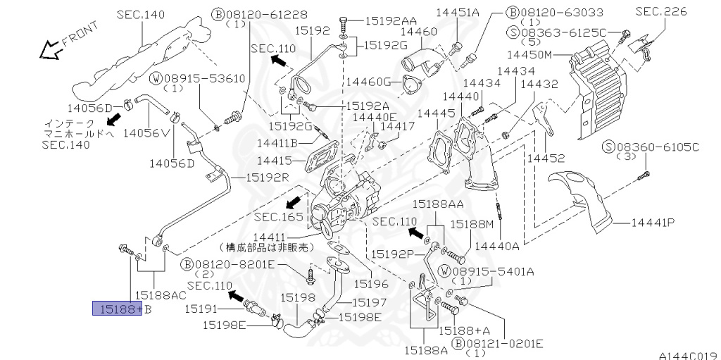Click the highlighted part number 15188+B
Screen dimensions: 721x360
118,309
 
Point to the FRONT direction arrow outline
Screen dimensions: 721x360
51,49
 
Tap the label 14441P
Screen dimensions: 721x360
653,223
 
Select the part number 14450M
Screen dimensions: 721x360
529,55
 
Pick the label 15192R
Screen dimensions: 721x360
268,177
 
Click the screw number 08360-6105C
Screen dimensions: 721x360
658,147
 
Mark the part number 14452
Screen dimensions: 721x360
546,159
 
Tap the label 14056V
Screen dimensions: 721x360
147,133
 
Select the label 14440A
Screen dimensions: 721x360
496,247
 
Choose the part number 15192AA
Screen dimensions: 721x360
391,20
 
